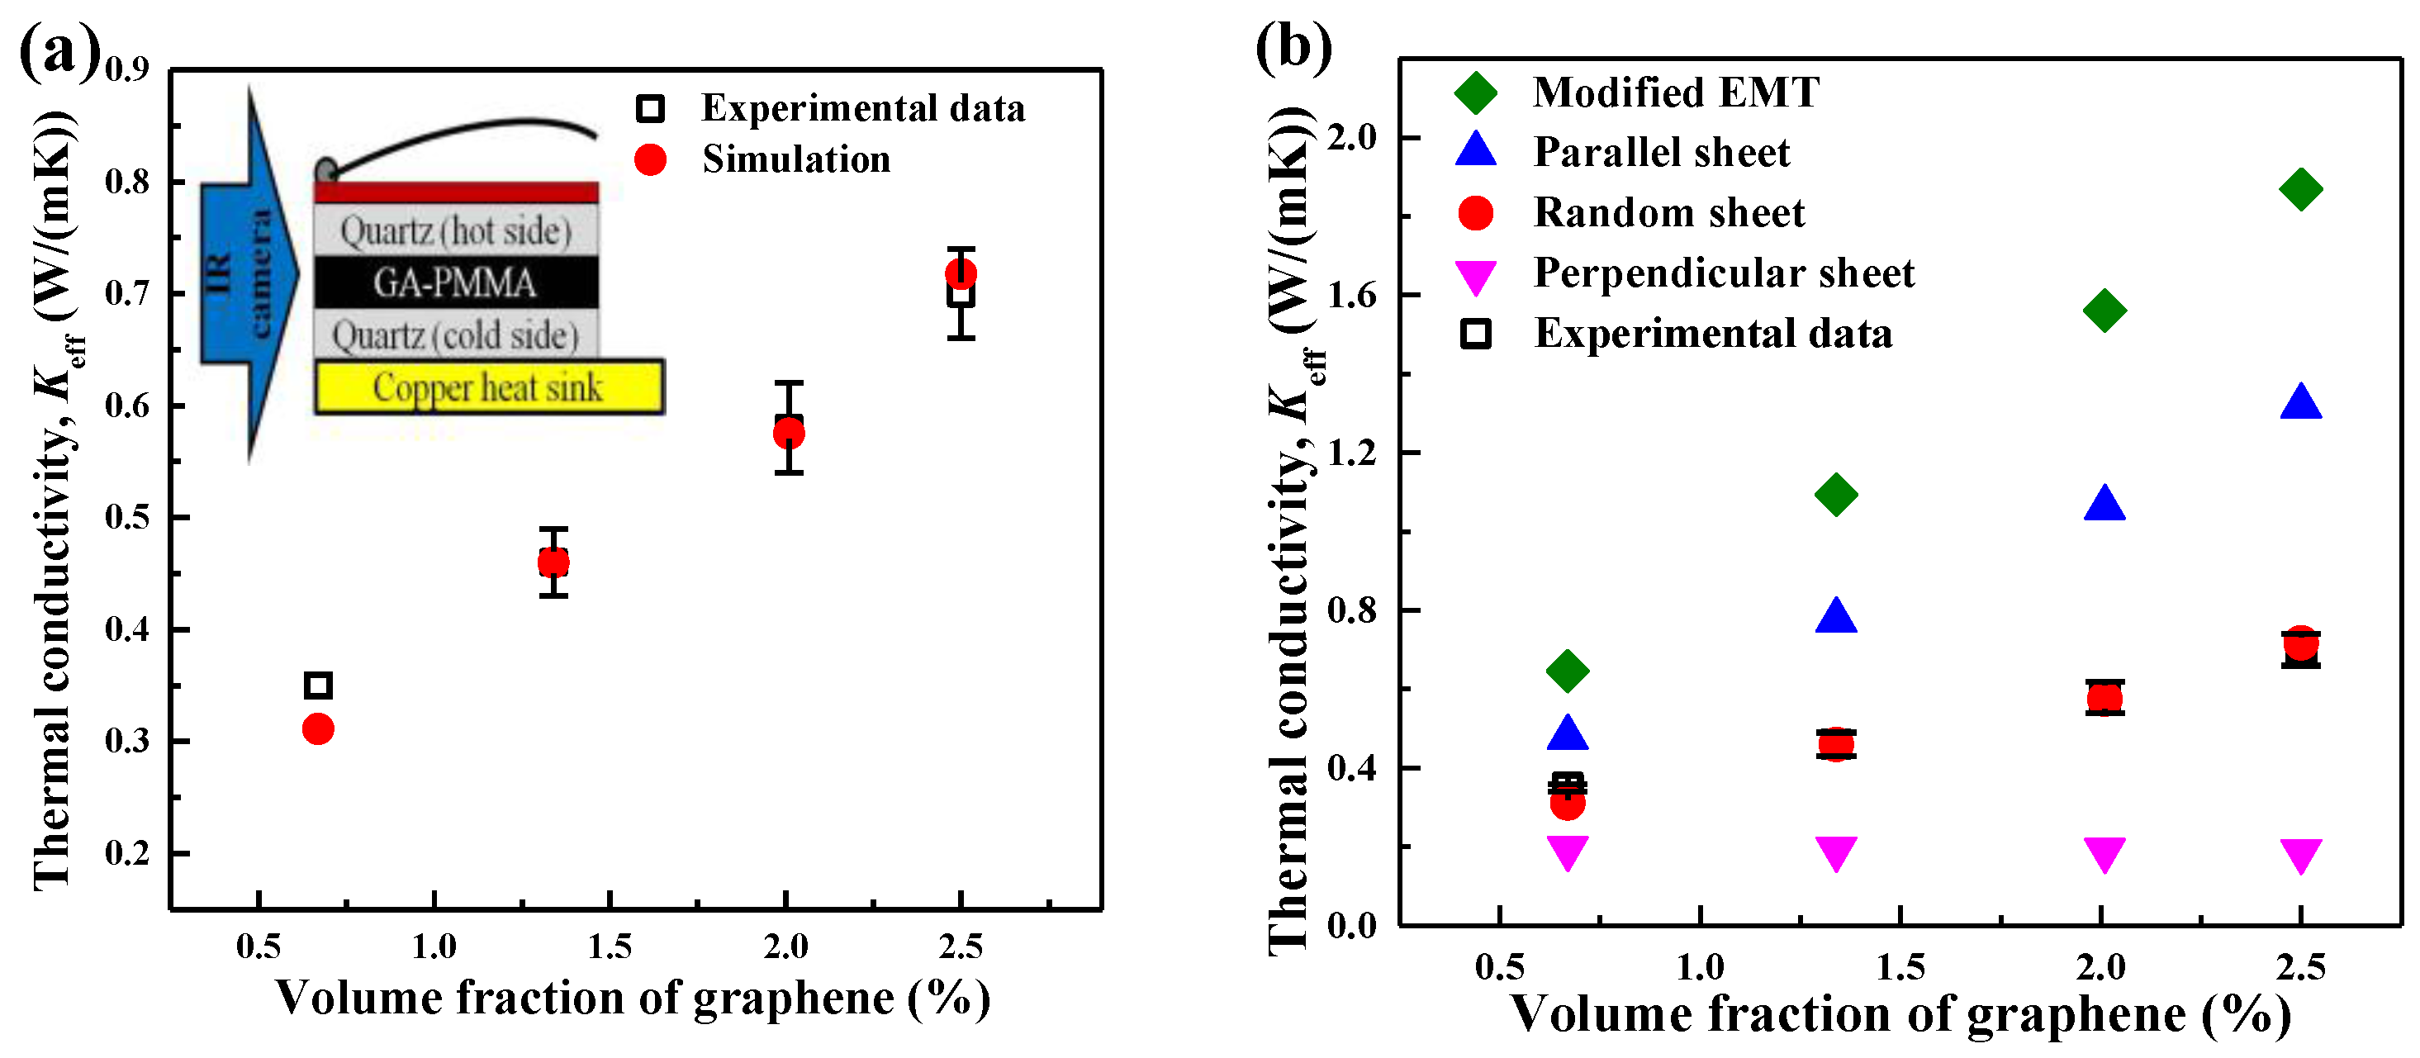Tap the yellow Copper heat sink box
[x=488, y=387]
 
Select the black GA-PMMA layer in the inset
[x=456, y=282]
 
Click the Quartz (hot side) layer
[x=456, y=230]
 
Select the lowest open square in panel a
[x=319, y=685]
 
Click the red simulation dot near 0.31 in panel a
[x=319, y=728]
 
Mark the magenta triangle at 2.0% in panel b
[x=2104, y=852]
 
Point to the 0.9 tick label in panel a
[x=127, y=69]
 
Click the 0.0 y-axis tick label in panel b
[x=1352, y=926]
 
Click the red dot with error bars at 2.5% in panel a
[x=960, y=273]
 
